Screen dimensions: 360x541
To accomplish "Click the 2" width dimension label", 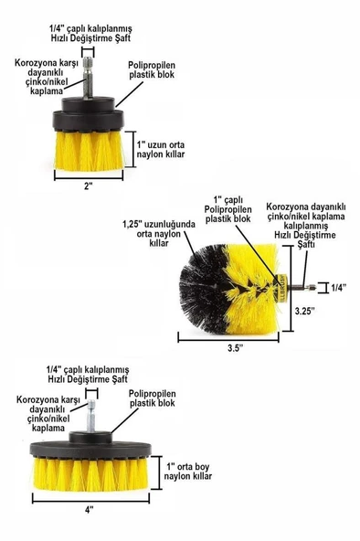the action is tap(89, 186).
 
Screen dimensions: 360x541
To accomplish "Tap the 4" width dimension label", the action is tap(90, 510).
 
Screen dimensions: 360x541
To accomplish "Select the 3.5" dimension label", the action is tap(236, 348).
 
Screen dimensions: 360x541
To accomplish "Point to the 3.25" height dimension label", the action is tap(305, 311).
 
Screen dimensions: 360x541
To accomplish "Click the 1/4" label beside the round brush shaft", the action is tap(339, 287).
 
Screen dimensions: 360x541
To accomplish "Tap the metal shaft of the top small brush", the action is tap(89, 78).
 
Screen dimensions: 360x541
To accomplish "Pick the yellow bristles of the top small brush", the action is tap(89, 151).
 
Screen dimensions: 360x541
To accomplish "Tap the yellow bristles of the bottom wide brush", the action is tap(90, 472).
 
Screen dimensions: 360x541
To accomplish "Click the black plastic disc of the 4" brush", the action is tap(90, 449).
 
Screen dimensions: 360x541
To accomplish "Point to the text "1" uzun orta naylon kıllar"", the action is tap(160, 149).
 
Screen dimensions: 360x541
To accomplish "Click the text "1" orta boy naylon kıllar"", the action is tap(187, 472).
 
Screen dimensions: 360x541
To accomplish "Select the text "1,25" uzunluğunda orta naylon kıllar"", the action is tap(159, 234).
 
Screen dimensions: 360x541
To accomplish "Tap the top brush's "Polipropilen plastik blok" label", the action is tap(152, 70).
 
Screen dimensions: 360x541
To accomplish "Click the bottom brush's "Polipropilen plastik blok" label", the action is tap(153, 398).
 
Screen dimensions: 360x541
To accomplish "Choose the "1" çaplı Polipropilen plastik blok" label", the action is tap(228, 209).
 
